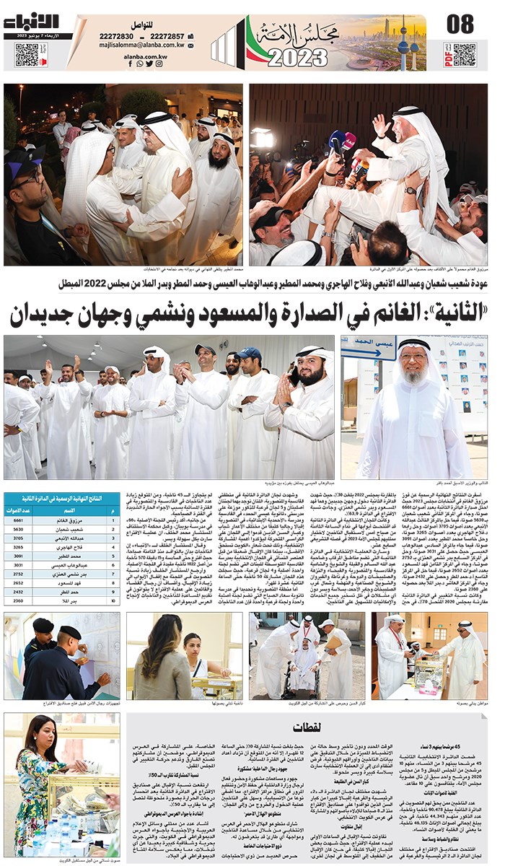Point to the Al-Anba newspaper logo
click(x=32, y=22)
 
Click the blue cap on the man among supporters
click(x=249, y=353)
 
